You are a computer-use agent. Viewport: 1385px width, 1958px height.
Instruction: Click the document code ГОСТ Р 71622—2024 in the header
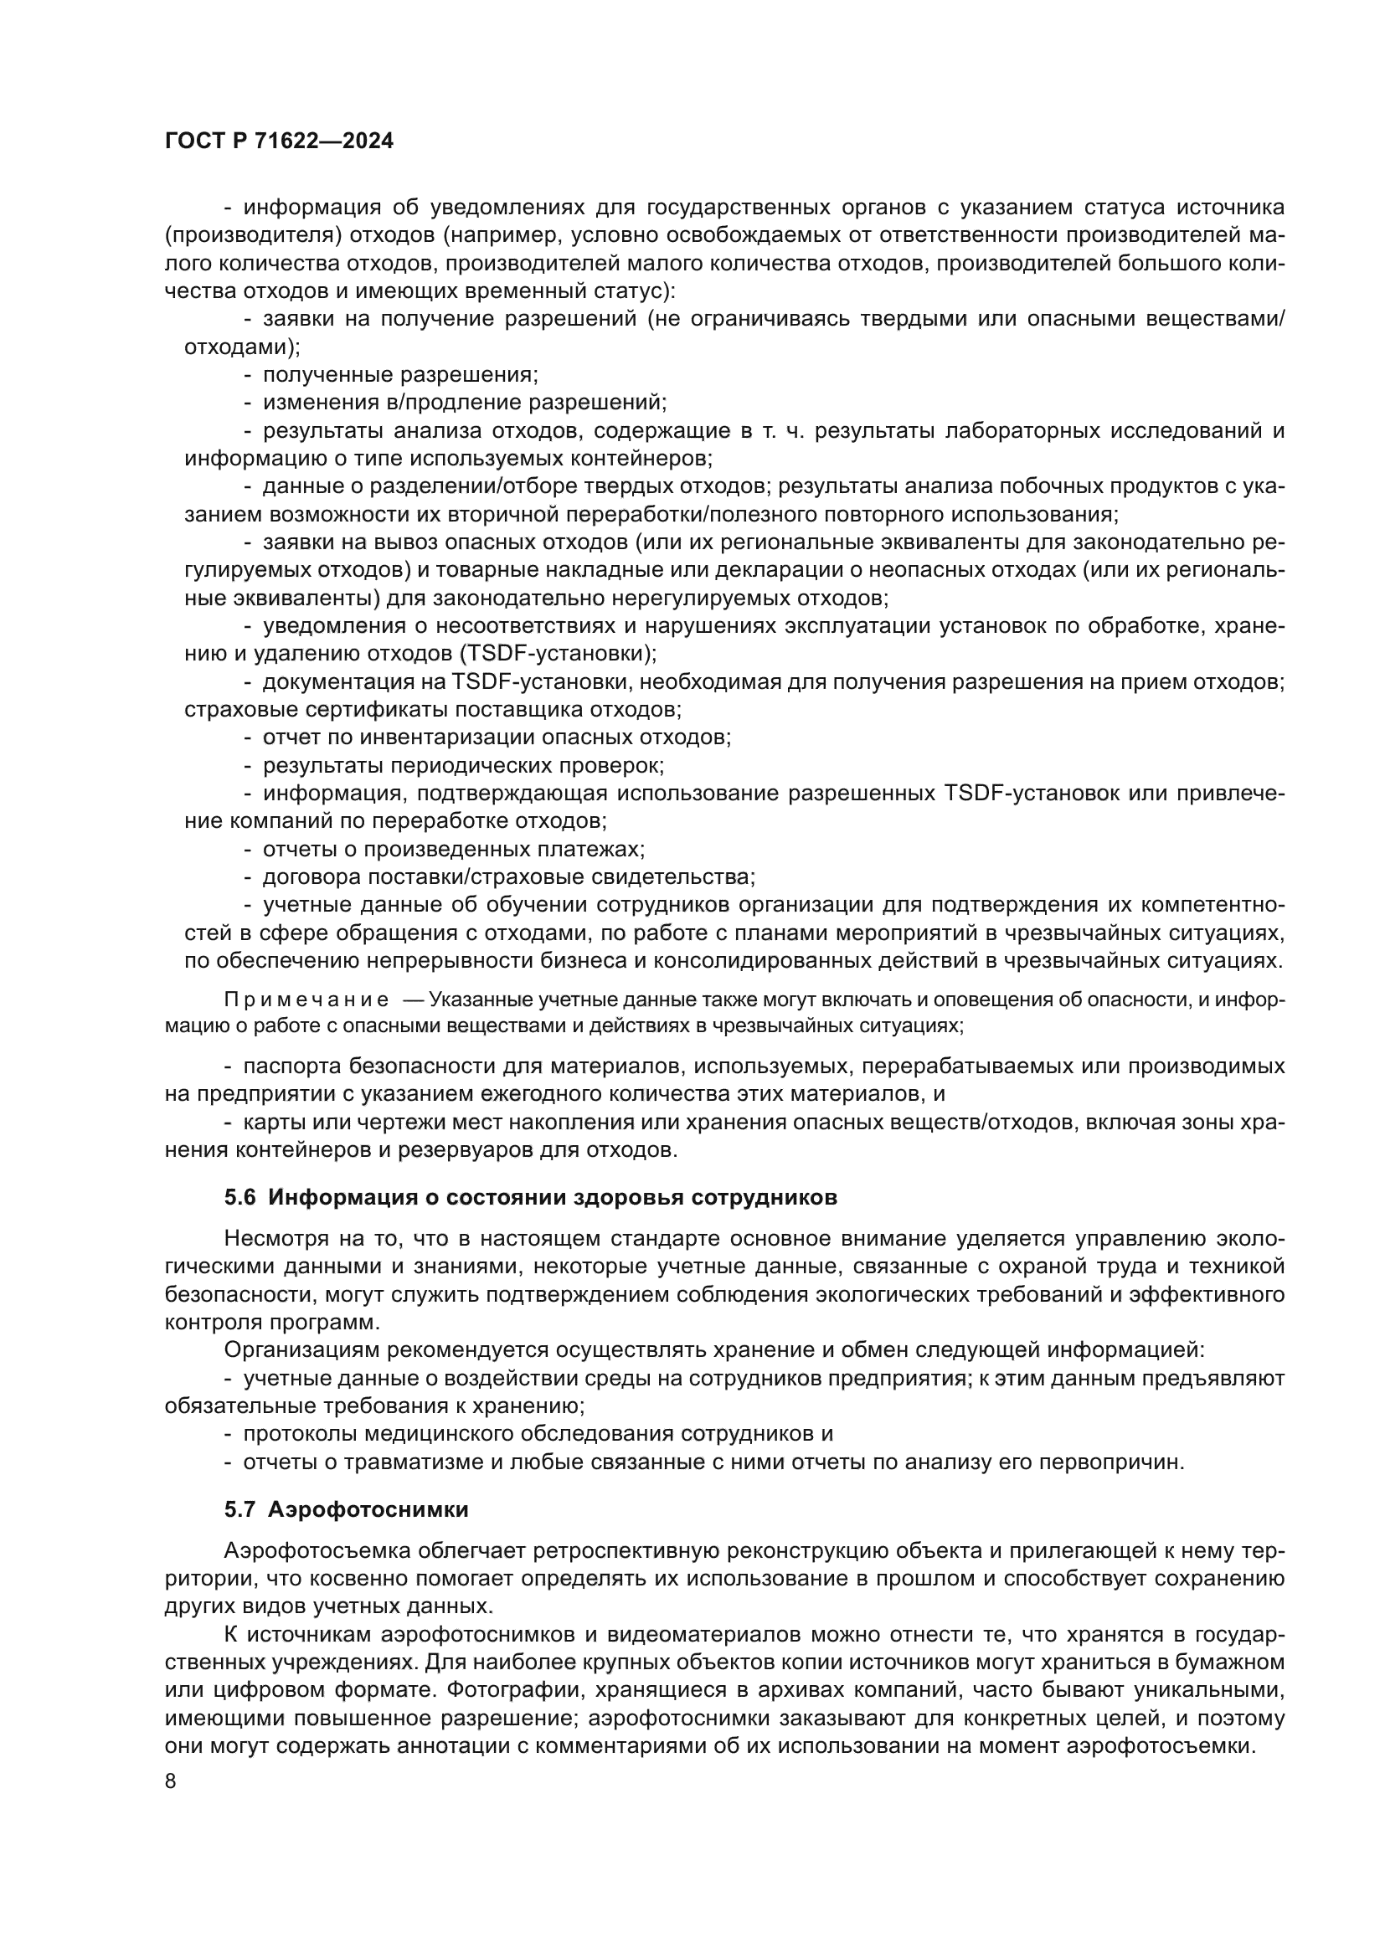tap(279, 141)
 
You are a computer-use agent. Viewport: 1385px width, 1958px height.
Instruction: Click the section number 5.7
tap(239, 1509)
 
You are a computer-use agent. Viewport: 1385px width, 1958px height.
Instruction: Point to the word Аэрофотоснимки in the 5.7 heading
tap(368, 1509)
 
